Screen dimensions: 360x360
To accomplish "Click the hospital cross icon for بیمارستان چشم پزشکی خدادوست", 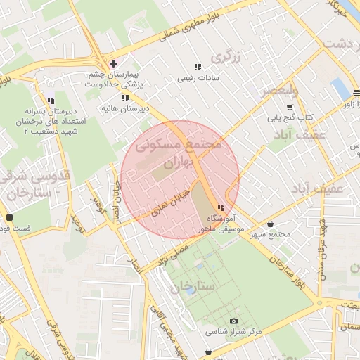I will pyautogui.click(x=113, y=64).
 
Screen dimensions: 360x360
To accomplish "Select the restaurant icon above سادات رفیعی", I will pyautogui.click(x=197, y=67).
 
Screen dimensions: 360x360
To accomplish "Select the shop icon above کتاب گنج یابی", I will pyautogui.click(x=290, y=106).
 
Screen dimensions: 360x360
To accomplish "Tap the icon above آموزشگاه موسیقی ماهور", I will pyautogui.click(x=221, y=207).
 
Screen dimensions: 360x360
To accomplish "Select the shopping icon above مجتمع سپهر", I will pyautogui.click(x=270, y=224).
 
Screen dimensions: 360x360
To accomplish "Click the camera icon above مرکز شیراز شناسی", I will pyautogui.click(x=233, y=321).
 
